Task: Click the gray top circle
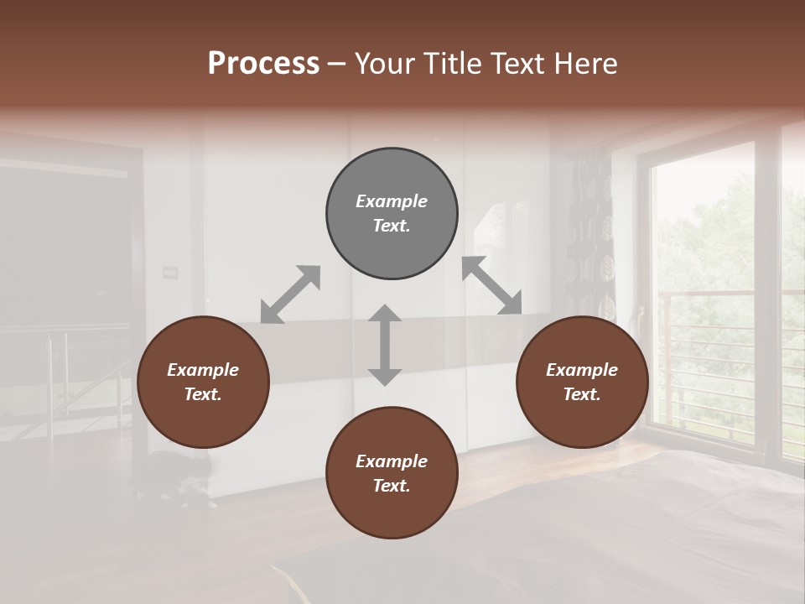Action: click(392, 214)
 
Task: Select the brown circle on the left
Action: click(203, 383)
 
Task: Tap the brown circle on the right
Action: click(582, 383)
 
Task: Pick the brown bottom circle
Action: click(392, 473)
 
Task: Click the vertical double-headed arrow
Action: click(385, 345)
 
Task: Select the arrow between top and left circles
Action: click(290, 294)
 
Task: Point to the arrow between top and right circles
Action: click(491, 285)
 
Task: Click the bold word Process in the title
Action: click(263, 64)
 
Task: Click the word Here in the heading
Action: click(586, 64)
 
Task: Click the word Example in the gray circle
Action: click(392, 201)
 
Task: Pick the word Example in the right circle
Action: click(582, 370)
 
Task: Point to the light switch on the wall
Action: click(171, 271)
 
